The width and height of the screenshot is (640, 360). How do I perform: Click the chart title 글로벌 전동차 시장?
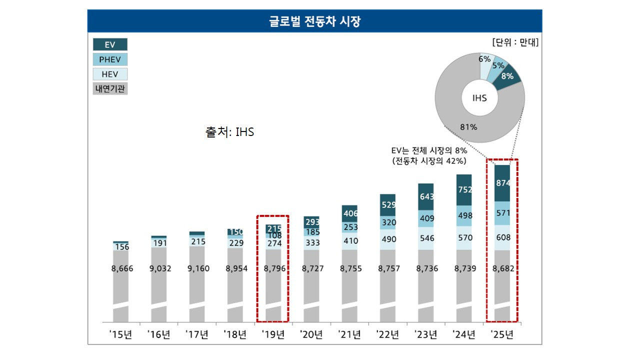pos(314,21)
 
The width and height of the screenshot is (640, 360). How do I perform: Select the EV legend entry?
pos(110,44)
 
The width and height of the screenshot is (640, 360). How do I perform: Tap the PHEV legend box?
pos(110,59)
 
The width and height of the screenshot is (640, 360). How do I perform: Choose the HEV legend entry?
pos(110,74)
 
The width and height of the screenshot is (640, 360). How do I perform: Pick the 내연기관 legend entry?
pos(110,88)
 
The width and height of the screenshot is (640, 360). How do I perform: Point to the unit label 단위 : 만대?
pos(515,42)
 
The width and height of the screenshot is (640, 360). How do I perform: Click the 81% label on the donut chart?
pos(468,127)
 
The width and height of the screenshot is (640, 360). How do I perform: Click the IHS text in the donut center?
pos(479,98)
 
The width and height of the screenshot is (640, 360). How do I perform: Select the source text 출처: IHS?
pos(229,132)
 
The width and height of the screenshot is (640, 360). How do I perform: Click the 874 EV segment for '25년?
pos(502,183)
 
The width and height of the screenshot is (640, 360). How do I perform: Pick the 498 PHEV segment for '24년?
pos(464,215)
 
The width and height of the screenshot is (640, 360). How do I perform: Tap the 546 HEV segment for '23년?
pos(426,238)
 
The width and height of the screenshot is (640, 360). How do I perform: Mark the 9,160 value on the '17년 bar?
pos(198,268)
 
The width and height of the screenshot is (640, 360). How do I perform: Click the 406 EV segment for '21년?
pos(349,213)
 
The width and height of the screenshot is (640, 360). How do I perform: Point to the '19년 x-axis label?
pos(273,334)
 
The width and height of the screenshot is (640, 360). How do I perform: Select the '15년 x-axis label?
pos(120,334)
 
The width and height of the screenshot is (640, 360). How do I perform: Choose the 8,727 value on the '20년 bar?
pos(312,268)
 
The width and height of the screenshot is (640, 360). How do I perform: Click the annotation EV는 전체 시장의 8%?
pos(429,150)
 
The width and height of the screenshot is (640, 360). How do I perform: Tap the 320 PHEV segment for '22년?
pos(387,222)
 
